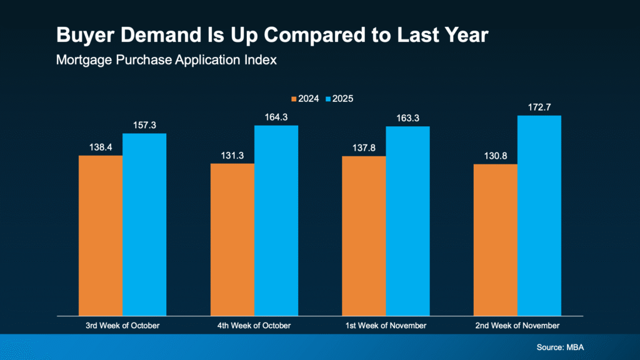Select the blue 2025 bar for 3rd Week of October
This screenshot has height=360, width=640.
144,224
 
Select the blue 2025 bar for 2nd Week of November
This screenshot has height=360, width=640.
539,215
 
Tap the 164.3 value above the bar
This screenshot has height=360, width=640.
276,117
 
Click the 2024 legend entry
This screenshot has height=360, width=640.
305,99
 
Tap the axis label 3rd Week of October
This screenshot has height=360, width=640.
122,326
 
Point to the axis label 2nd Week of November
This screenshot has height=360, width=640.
517,326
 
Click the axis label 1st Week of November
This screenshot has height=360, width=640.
386,326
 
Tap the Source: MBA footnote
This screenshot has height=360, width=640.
559,346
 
